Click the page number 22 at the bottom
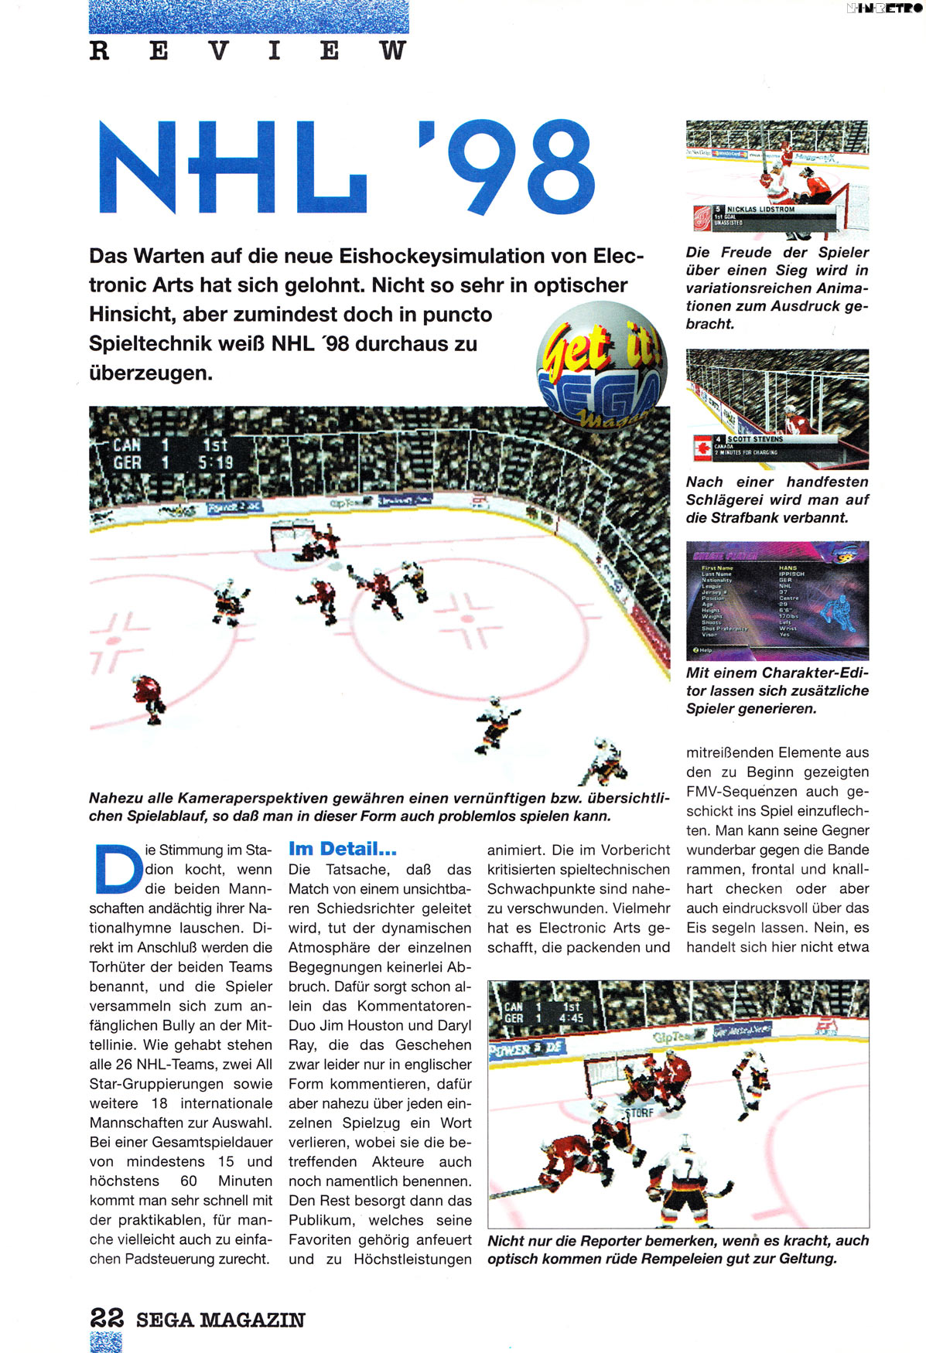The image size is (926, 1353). click(107, 1317)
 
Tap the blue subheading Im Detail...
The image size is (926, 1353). click(342, 849)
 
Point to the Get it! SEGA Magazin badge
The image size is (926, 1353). click(601, 363)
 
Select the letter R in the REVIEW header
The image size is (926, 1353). click(99, 51)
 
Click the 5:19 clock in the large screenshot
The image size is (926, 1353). click(215, 463)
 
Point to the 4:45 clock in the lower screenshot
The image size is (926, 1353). click(571, 1019)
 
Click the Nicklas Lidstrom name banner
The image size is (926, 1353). click(760, 210)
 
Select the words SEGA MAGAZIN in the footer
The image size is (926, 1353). click(220, 1320)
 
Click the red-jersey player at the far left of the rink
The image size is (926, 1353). click(147, 697)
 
